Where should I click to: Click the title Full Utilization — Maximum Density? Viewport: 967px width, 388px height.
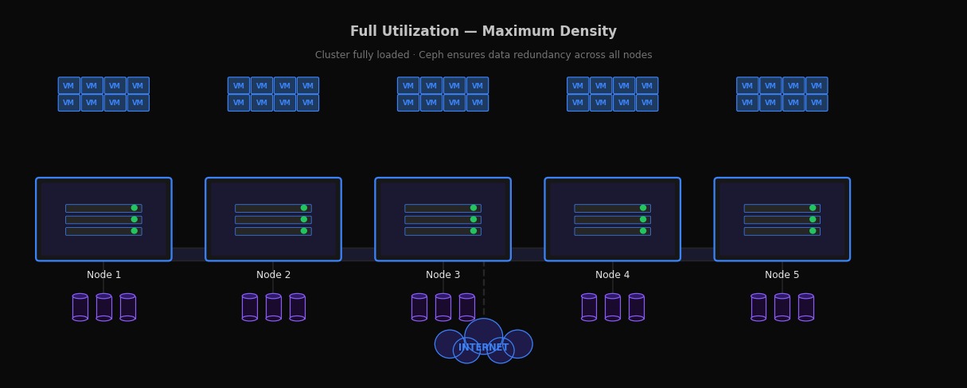pyautogui.click(x=483, y=32)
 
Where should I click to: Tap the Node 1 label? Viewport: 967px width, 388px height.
pyautogui.click(x=103, y=275)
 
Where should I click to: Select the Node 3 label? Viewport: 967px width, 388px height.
pyautogui.click(x=443, y=275)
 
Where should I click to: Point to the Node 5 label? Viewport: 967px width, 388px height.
pyautogui.click(x=782, y=275)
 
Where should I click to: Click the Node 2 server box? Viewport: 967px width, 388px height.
pyautogui.click(x=273, y=219)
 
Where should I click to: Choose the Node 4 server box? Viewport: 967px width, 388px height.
pyautogui.click(x=612, y=219)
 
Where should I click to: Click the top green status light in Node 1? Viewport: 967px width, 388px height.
pyautogui.click(x=135, y=208)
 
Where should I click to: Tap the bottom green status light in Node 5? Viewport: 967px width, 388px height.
pyautogui.click(x=813, y=231)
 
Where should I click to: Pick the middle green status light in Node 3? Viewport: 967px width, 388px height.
pyautogui.click(x=474, y=219)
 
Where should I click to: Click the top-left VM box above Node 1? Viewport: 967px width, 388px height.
pyautogui.click(x=68, y=86)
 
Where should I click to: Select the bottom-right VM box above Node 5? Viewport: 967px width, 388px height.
pyautogui.click(x=817, y=103)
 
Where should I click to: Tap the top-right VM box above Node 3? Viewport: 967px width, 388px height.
pyautogui.click(x=478, y=86)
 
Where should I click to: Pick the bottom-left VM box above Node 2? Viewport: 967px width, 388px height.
pyautogui.click(x=239, y=103)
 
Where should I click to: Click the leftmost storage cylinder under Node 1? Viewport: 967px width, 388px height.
pyautogui.click(x=80, y=308)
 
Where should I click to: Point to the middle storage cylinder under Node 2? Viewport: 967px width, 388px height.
pyautogui.click(x=273, y=308)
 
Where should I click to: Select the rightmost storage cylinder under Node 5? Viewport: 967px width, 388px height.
pyautogui.click(x=805, y=308)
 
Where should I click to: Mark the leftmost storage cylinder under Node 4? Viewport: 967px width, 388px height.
pyautogui.click(x=589, y=308)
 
